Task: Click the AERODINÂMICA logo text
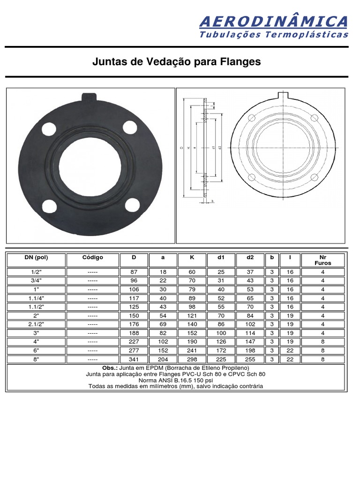coord(273,22)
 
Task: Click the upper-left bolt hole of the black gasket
coord(48,128)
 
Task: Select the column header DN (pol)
coord(36,257)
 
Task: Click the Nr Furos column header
coord(322,260)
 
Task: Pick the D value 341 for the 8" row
coord(134,359)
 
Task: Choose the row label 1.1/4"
coord(36,298)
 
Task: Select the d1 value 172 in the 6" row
coord(220,350)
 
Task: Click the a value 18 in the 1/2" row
coord(163,271)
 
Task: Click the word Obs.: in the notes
coord(111,368)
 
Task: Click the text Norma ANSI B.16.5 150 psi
coord(176,380)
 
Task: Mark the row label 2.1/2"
coord(36,324)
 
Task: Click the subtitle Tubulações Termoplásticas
coord(274,35)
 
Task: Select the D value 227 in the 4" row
coord(134,342)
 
